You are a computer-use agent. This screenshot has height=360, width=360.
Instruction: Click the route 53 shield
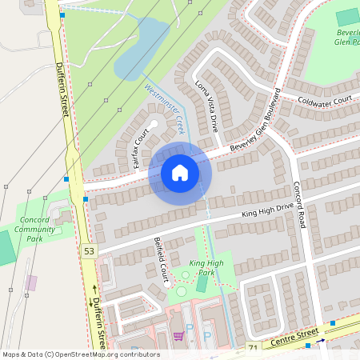[x=88, y=251]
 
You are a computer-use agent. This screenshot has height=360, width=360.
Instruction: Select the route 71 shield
[x=253, y=348]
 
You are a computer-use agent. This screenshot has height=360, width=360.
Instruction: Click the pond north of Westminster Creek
[x=142, y=50]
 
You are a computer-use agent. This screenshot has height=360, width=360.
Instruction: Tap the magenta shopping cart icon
[x=178, y=336]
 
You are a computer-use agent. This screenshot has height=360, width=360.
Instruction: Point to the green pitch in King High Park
[x=202, y=284]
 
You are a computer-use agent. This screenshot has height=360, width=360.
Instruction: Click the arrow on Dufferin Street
[x=94, y=289]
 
